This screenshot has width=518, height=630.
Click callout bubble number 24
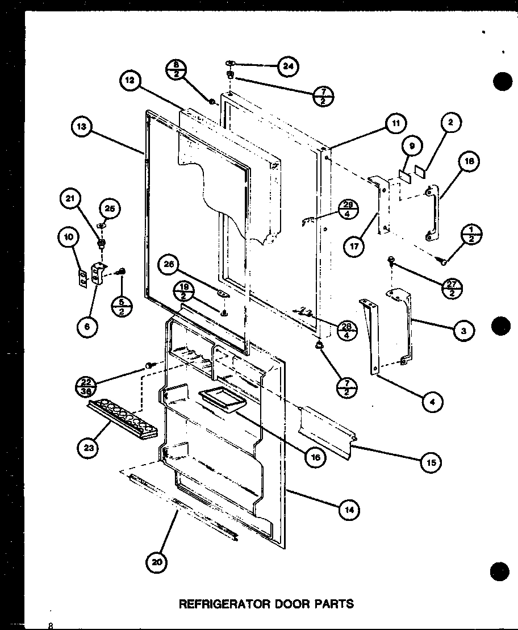point(289,66)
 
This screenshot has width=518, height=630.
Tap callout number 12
point(130,82)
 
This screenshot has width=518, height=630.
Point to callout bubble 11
point(394,123)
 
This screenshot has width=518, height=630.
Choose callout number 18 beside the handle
point(469,161)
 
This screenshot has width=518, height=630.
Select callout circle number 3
point(463,329)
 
